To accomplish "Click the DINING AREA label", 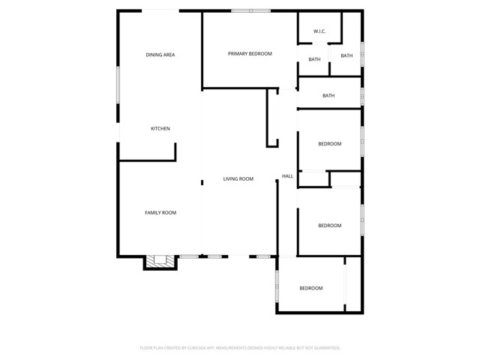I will (x=160, y=55).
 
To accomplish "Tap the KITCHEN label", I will (x=160, y=128).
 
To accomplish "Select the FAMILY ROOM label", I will (x=160, y=213).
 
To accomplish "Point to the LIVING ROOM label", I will (x=238, y=178).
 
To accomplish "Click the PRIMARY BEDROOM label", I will (x=250, y=53).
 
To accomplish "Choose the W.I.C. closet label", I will (x=319, y=31).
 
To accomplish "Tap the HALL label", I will (x=287, y=176).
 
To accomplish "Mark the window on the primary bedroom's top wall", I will (x=250, y=10).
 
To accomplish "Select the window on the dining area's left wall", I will (x=118, y=84).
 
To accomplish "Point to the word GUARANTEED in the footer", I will (x=324, y=348).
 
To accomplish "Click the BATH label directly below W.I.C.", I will (x=314, y=59).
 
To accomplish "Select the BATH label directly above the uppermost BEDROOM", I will (x=328, y=95).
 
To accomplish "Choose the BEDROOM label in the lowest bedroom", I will (x=311, y=288).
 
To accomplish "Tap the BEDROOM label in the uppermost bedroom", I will (x=329, y=144).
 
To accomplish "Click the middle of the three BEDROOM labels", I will (x=329, y=226).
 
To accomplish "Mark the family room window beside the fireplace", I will (x=189, y=257).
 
